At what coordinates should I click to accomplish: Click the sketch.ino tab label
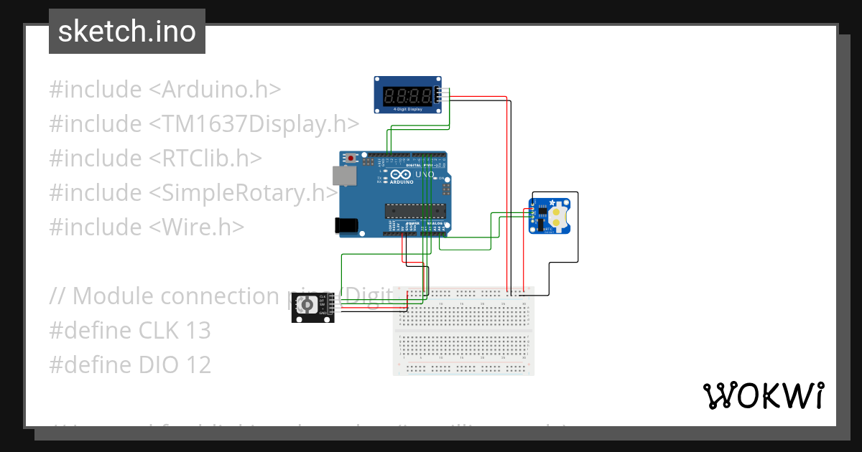(127, 32)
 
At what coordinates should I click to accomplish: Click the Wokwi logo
(763, 395)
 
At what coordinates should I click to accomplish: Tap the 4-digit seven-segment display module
(407, 95)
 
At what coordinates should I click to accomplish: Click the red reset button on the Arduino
(351, 158)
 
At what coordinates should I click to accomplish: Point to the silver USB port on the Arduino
(343, 176)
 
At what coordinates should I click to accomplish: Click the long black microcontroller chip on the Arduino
(415, 210)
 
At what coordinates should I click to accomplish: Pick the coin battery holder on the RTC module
(559, 214)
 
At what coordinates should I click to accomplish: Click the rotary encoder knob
(307, 306)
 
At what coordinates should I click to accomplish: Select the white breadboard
(463, 329)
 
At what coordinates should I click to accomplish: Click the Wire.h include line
(147, 227)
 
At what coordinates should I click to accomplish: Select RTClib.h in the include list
(213, 159)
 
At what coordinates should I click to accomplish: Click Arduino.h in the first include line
(222, 90)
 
